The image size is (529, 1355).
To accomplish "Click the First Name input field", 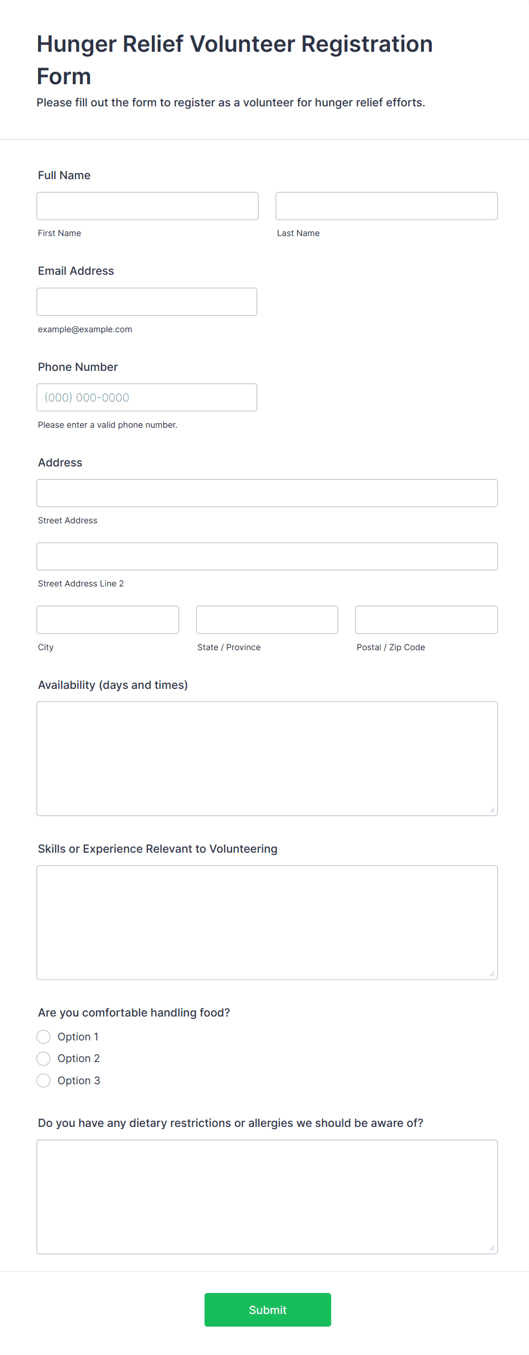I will click(147, 206).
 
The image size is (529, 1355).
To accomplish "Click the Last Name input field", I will click(386, 206).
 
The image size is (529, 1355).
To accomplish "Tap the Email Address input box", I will click(147, 301).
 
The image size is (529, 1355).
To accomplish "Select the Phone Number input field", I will click(147, 398).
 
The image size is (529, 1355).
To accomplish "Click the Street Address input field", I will click(267, 493).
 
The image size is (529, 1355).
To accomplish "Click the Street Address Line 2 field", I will click(267, 556).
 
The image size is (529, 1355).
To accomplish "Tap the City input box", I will click(108, 619).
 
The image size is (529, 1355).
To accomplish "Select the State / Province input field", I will click(267, 619).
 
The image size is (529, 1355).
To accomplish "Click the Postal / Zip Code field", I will click(426, 619).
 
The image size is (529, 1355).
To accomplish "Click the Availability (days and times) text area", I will click(267, 758).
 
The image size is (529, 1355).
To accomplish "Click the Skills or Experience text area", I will click(267, 922).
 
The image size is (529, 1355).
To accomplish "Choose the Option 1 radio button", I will click(44, 1037).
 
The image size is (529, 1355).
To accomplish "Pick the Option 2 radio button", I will click(44, 1059).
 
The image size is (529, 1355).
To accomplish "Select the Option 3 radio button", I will click(44, 1081).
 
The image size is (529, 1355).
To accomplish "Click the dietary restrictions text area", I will click(267, 1196).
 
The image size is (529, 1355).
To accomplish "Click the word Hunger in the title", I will click(76, 44).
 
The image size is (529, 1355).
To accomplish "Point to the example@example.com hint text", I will click(85, 329).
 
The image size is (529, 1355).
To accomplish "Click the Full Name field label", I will click(64, 175).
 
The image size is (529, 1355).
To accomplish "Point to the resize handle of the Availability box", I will click(492, 810).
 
